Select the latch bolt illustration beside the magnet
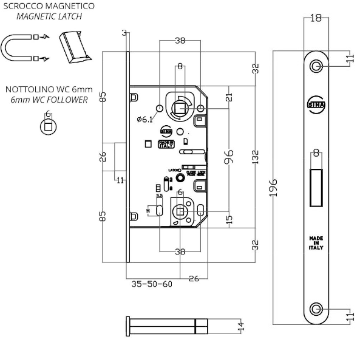73,47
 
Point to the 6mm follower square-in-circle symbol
46,126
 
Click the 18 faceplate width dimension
316,18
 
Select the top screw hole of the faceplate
316,66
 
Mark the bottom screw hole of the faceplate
316,309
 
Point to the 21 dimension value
229,97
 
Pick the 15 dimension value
229,219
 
